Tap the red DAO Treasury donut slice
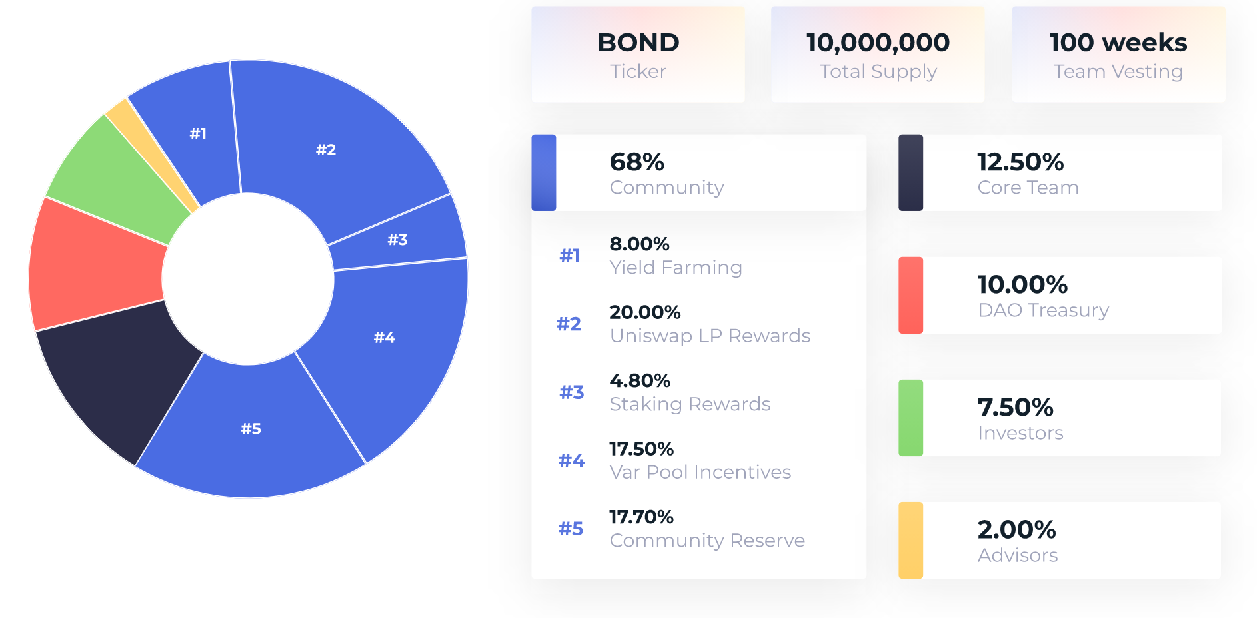(93, 266)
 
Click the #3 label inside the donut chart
(397, 240)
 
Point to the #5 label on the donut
(251, 428)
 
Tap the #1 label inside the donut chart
(198, 133)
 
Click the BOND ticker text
(638, 43)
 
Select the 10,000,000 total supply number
(878, 43)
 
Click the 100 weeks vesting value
(1118, 43)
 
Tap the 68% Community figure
(636, 162)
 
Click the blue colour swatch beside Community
(543, 172)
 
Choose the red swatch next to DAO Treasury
(910, 295)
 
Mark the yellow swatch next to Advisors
(910, 540)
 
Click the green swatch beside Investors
(910, 418)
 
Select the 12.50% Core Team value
(1020, 162)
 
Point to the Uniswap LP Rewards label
(710, 336)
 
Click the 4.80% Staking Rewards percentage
(639, 380)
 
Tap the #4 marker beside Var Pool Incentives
(571, 460)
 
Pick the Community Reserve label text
(707, 540)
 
